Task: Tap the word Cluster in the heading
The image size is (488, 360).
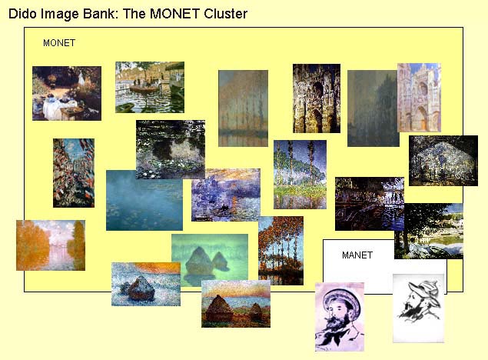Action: pos(226,14)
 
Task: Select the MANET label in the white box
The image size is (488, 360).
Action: pos(357,255)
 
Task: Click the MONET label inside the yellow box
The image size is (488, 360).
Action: pos(59,43)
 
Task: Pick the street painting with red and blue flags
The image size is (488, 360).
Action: pos(74,173)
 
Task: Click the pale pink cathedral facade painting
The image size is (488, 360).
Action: pos(420,98)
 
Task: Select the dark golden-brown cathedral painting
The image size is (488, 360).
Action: pos(317,98)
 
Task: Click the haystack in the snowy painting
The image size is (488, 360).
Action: pos(140,288)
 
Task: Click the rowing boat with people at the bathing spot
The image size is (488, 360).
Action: pos(144,88)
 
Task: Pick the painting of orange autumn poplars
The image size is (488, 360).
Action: pos(281,251)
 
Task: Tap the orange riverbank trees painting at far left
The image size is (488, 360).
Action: pos(51,245)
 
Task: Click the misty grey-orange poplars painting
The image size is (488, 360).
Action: pos(243,108)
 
